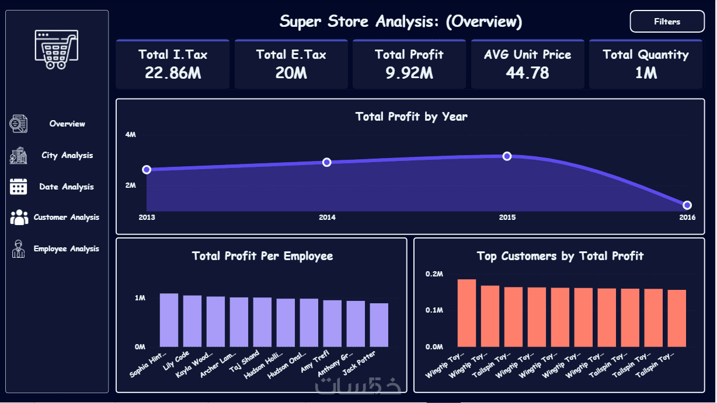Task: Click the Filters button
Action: [667, 22]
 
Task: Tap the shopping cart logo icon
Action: [56, 49]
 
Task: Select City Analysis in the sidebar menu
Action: [67, 155]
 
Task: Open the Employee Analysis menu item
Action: [66, 248]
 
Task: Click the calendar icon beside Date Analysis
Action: [19, 187]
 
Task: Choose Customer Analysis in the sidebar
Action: [66, 217]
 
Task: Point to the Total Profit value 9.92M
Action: [409, 73]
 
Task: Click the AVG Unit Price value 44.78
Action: [527, 73]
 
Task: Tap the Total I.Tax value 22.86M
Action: [173, 73]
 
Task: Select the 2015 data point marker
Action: [507, 156]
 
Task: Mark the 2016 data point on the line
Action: [687, 205]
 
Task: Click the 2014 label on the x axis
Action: [327, 218]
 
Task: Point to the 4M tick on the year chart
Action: [131, 135]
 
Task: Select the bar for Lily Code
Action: [192, 321]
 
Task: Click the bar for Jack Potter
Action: [379, 325]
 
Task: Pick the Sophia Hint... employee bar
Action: [169, 320]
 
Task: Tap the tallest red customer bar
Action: [467, 313]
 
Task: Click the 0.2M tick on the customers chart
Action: [434, 274]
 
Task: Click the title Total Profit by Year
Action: [411, 117]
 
